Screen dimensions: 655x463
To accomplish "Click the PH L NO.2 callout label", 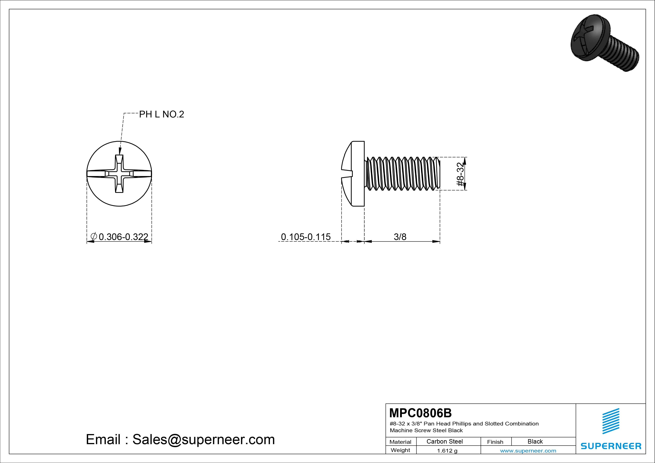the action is (x=162, y=114).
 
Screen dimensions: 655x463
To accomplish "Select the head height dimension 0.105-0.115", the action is (x=306, y=237).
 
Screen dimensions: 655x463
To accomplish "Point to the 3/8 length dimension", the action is (x=400, y=237).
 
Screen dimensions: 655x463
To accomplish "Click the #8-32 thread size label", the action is (x=460, y=174).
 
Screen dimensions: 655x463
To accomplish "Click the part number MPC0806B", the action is (x=420, y=413).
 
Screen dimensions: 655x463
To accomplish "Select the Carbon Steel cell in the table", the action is (x=444, y=441).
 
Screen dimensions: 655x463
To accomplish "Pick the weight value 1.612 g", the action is (x=447, y=451).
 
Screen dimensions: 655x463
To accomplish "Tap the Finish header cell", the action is (x=495, y=442).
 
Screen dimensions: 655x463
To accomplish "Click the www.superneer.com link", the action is (x=528, y=451).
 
